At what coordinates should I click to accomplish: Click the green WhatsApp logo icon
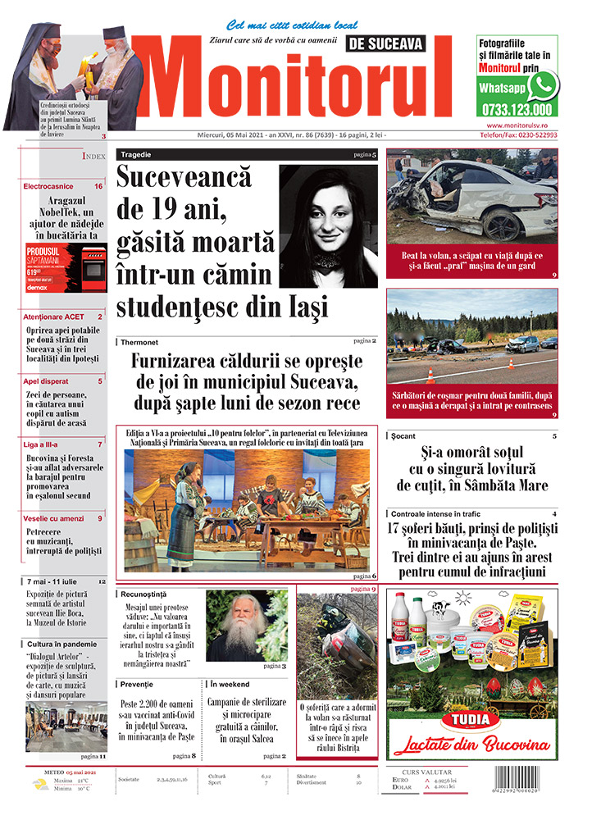pos(543,85)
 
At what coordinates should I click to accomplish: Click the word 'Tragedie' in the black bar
pos(135,154)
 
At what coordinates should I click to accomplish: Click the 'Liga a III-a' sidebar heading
pos(45,444)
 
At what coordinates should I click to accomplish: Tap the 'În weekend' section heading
pos(232,683)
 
